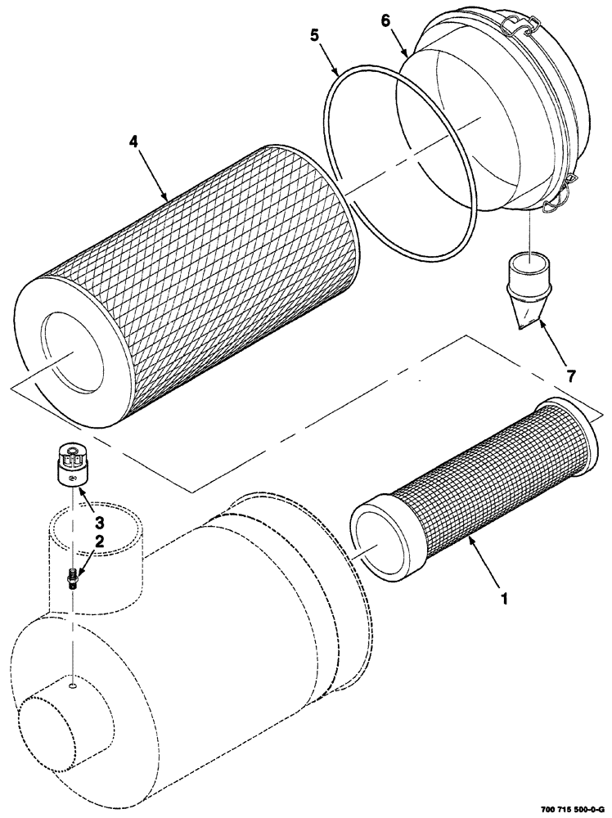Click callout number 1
(x=504, y=598)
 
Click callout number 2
(x=99, y=541)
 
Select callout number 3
(x=97, y=521)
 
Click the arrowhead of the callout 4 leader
(x=167, y=199)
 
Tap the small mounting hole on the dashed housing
(x=73, y=687)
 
